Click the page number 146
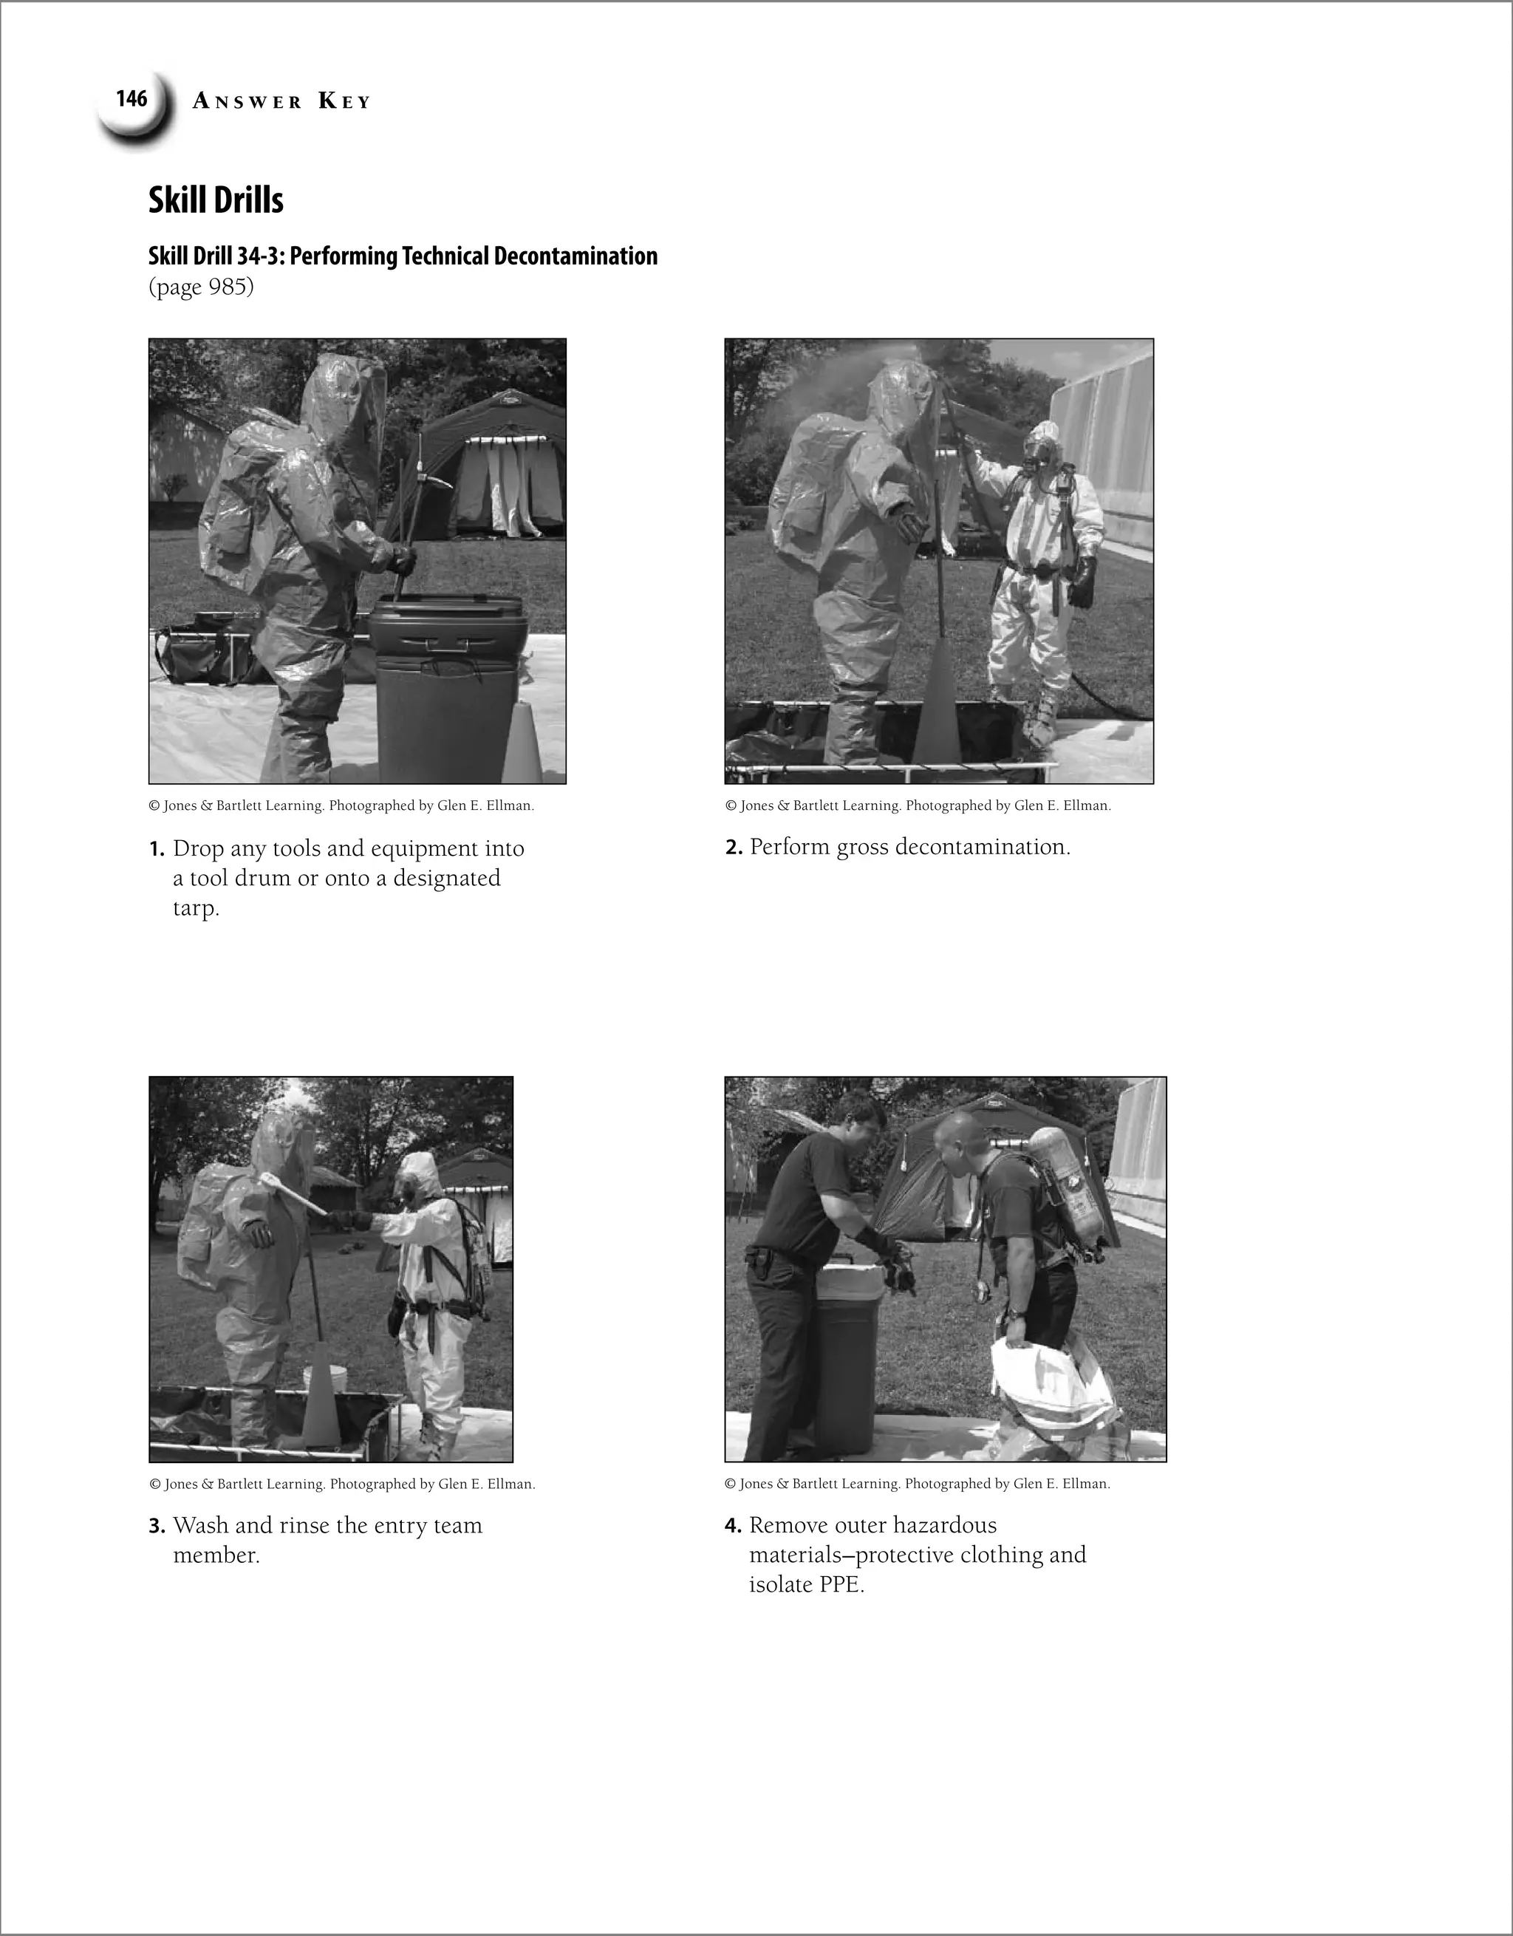click(x=132, y=98)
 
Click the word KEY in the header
click(x=344, y=102)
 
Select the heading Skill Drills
click(x=216, y=200)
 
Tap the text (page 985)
click(x=200, y=287)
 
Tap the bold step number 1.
click(x=156, y=849)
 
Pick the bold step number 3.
click(x=156, y=1526)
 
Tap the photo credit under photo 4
click(x=917, y=1484)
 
